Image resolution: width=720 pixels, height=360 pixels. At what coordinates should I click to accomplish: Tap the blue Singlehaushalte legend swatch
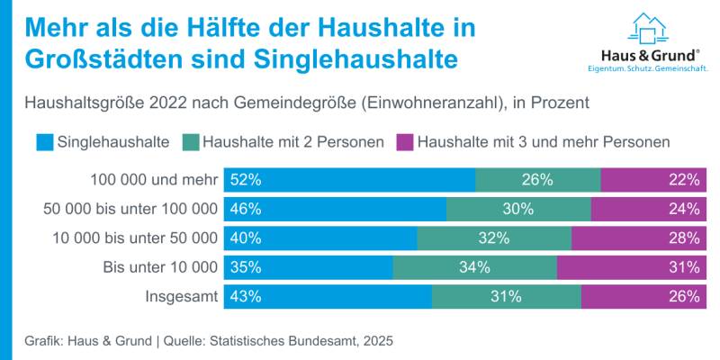pyautogui.click(x=44, y=141)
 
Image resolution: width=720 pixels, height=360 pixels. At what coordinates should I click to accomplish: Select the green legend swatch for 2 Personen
pyautogui.click(x=190, y=141)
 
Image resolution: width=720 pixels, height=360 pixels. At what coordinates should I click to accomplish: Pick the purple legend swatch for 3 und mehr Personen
pyautogui.click(x=405, y=141)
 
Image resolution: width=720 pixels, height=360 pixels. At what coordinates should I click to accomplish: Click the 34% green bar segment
pyautogui.click(x=474, y=267)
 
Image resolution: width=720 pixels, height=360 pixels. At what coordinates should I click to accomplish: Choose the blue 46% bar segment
pyautogui.click(x=335, y=209)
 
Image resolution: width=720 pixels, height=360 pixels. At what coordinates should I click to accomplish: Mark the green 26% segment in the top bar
pyautogui.click(x=537, y=180)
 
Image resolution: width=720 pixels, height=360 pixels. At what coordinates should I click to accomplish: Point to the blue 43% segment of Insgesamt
pyautogui.click(x=328, y=296)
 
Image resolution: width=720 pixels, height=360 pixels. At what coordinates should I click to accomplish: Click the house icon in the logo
pyautogui.click(x=647, y=29)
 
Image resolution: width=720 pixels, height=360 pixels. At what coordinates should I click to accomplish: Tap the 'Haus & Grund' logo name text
pyautogui.click(x=647, y=55)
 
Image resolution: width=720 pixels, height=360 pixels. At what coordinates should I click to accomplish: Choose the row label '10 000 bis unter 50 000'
pyautogui.click(x=131, y=238)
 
